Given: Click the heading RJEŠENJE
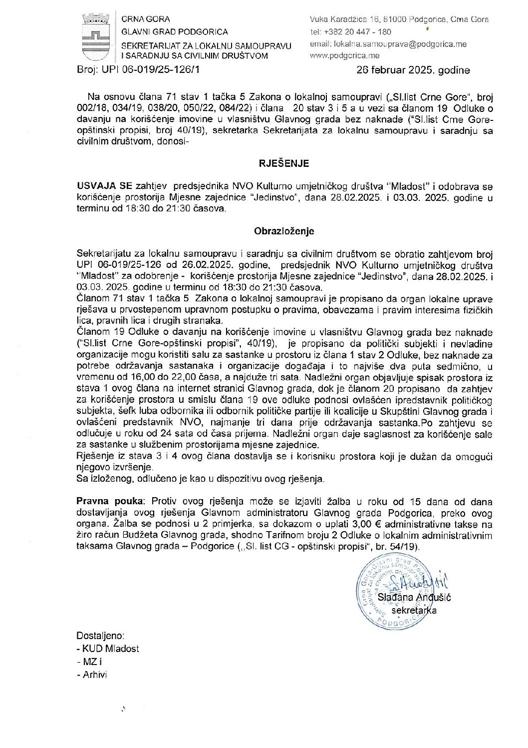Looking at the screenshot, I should coord(284,163).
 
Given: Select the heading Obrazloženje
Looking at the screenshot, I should coord(284,231).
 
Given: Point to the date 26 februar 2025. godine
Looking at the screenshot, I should coord(413,70).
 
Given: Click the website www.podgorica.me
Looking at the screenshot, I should coord(344,55).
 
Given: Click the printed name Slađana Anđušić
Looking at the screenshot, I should coord(414,597).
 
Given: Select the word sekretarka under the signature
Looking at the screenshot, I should coord(414,610).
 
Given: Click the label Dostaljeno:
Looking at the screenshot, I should coord(100,636).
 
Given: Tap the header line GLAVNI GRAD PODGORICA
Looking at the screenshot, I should coord(175,32).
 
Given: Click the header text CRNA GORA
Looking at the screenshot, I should coord(146,19).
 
